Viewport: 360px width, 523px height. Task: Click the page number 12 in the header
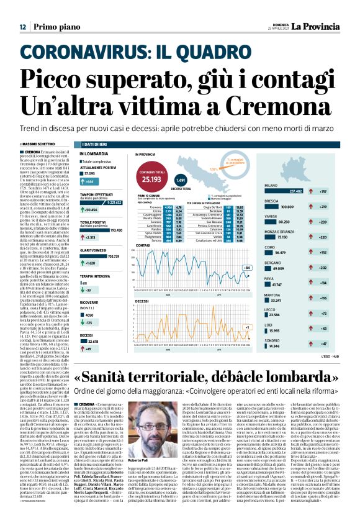tap(22, 27)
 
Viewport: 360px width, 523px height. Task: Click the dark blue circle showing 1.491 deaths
tap(181, 180)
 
